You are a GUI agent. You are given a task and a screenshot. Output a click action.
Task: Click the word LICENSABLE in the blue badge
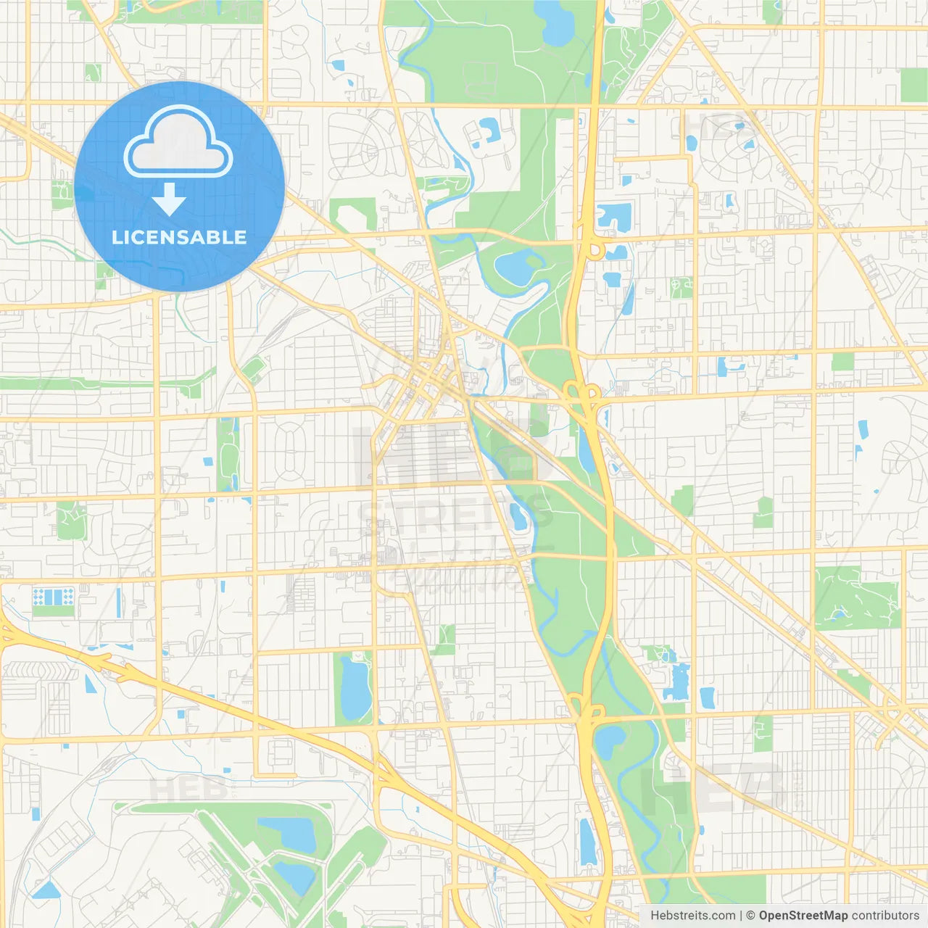[x=179, y=237]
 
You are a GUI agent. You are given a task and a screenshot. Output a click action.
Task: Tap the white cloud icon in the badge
[x=178, y=144]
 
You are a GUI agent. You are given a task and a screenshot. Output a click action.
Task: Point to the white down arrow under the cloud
[x=169, y=199]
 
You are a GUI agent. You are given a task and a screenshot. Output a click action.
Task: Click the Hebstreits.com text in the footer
[x=693, y=916]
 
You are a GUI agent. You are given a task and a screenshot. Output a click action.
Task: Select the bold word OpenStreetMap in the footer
[x=803, y=916]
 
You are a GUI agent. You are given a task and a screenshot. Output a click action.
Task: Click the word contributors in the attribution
[x=885, y=916]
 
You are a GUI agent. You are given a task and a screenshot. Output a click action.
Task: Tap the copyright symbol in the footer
[x=750, y=916]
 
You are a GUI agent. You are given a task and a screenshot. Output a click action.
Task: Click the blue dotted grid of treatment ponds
[x=53, y=597]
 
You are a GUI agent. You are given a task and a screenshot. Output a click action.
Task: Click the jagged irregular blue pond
[x=677, y=682]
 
